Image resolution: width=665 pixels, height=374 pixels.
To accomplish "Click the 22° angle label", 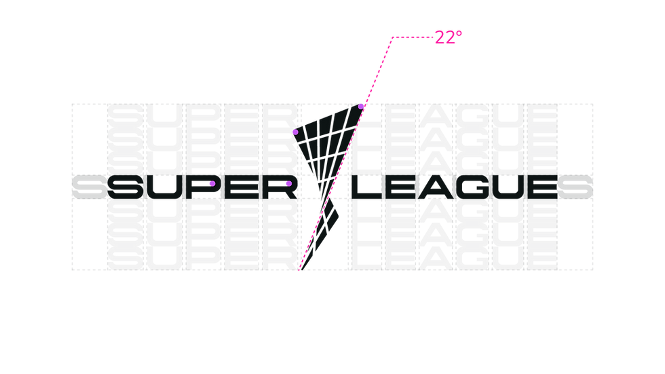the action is pos(449,37).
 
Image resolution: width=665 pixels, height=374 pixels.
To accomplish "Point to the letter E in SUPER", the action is pos(242,187).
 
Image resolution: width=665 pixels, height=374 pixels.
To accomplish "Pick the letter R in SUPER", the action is pos(280,187).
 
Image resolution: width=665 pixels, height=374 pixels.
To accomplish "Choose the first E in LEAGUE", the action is pos(401,187).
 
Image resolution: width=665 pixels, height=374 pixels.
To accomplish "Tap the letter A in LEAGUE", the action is pos(437,187).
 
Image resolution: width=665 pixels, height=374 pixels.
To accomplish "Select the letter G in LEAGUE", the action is pos(474,187).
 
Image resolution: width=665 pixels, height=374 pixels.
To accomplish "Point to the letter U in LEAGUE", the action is pos(510,187).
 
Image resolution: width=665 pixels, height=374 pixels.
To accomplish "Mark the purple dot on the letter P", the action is pos(212,184).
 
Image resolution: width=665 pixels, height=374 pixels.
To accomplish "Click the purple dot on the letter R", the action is pos(289,184).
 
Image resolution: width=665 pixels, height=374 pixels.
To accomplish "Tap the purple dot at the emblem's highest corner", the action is pos(360,107).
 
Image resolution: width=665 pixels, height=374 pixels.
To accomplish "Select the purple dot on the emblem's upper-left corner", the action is pos(296,132).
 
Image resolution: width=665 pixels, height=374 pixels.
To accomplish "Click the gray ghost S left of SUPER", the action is pos(90,187).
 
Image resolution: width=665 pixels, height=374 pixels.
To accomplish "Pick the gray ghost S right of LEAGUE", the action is pos(575,187).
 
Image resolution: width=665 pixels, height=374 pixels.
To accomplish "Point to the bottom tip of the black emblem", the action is pos(301,269).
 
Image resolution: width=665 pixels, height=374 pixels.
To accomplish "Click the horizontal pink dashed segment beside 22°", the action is pos(413,37).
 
